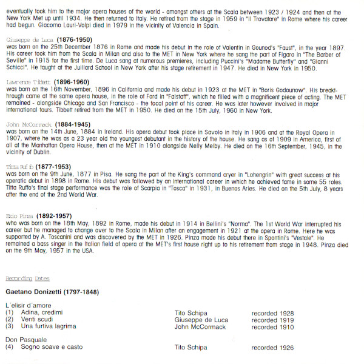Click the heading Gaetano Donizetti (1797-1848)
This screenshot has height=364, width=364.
pos(52,292)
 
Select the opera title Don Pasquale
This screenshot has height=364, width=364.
pos(25,340)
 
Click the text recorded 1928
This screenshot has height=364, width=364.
pos(272,313)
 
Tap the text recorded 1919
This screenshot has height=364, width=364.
pos(272,320)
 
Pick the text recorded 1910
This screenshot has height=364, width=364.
pos(272,326)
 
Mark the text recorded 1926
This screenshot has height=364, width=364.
pos(272,348)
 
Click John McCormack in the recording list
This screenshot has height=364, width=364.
pos(200,326)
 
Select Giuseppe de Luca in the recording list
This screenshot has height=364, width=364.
pos(202,320)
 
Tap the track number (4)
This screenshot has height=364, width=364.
pos(9,348)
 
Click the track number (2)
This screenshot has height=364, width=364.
pos(9,320)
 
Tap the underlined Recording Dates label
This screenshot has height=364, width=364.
pos(27,278)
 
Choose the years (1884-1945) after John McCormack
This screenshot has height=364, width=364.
pos(78,124)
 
